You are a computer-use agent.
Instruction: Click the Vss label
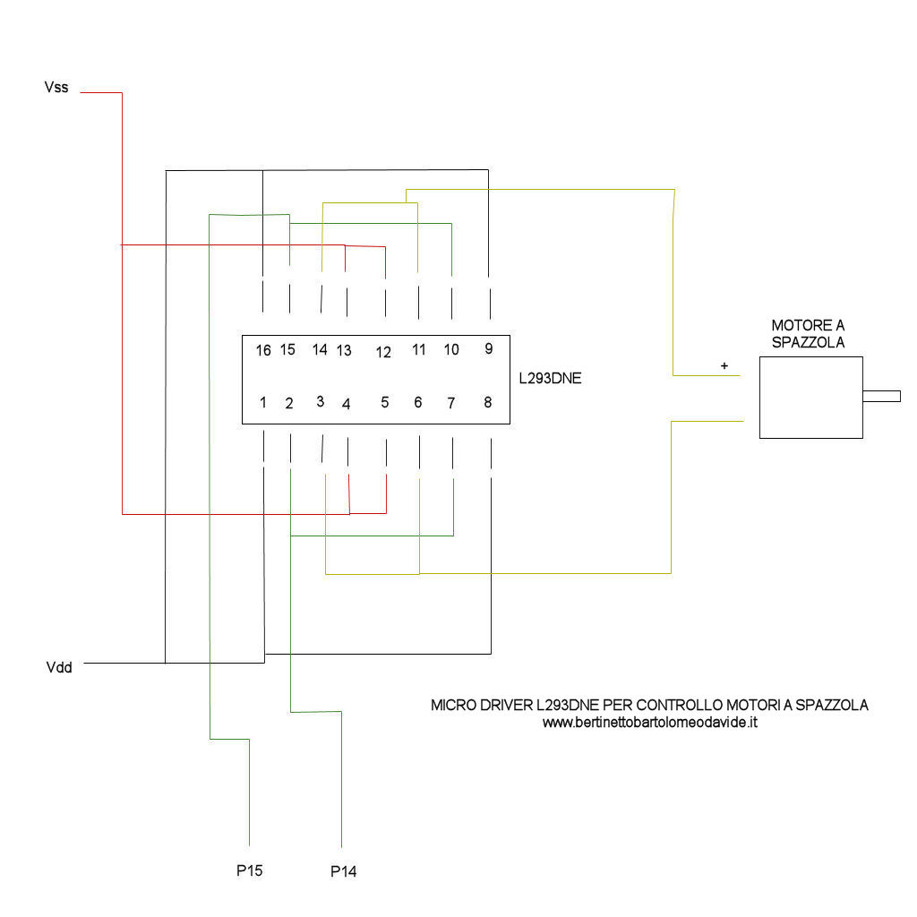click(56, 88)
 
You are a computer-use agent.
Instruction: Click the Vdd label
click(59, 667)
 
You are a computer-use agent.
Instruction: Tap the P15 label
click(249, 870)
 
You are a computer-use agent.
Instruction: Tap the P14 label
click(343, 871)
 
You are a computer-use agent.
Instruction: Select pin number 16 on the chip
click(263, 351)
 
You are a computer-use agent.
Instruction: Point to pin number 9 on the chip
click(488, 349)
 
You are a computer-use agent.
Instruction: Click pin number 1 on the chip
click(263, 403)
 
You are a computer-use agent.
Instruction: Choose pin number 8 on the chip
click(488, 403)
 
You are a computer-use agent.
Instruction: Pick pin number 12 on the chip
click(383, 353)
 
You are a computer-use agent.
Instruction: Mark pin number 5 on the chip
click(385, 403)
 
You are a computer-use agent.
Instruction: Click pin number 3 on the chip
click(320, 401)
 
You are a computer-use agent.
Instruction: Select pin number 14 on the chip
click(320, 349)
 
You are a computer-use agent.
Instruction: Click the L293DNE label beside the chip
click(550, 378)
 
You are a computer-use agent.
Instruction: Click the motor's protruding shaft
click(881, 396)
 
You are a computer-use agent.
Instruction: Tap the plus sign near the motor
click(724, 366)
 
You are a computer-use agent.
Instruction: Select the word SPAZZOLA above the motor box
click(808, 341)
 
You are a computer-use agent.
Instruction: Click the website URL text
click(650, 722)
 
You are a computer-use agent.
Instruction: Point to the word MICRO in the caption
click(450, 705)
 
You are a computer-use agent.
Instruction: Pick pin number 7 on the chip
click(452, 403)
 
